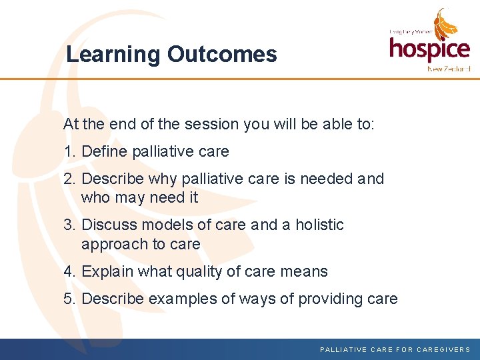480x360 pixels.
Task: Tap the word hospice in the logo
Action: click(429, 49)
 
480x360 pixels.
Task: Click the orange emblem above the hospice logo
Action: click(446, 24)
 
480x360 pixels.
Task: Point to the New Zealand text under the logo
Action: click(449, 69)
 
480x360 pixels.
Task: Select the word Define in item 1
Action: click(105, 152)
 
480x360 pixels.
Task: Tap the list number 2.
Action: click(69, 179)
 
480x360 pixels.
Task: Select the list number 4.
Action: click(69, 271)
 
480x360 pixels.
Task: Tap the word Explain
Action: click(108, 271)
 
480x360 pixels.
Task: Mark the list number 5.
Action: click(69, 299)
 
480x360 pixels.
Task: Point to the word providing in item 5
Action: click(329, 299)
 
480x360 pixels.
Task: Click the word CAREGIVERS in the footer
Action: click(443, 349)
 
